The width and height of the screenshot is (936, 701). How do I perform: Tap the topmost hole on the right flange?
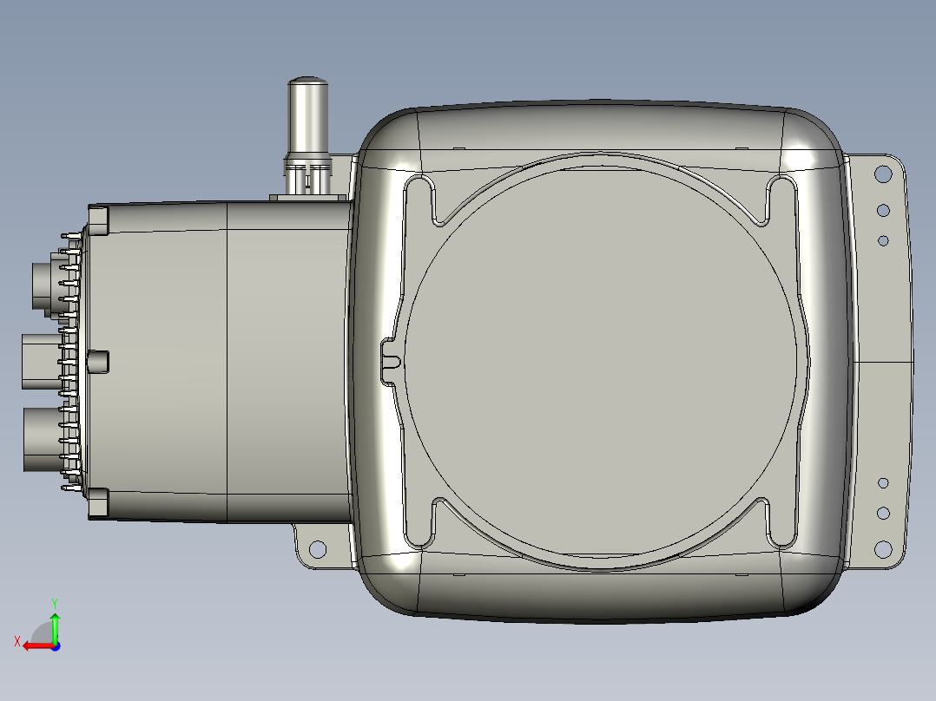883,174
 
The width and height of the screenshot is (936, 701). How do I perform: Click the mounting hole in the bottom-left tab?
317,548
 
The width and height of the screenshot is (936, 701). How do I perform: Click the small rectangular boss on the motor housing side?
98,360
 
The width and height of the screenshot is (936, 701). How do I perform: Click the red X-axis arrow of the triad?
35,645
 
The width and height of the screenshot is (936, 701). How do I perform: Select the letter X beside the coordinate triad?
16,641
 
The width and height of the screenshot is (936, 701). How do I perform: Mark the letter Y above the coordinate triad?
54,601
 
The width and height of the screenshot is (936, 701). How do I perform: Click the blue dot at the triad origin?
55,645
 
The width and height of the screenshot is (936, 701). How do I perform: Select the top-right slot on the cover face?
780,199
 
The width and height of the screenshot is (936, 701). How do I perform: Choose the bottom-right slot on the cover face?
780,524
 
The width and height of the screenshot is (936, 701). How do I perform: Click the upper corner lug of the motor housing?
99,218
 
